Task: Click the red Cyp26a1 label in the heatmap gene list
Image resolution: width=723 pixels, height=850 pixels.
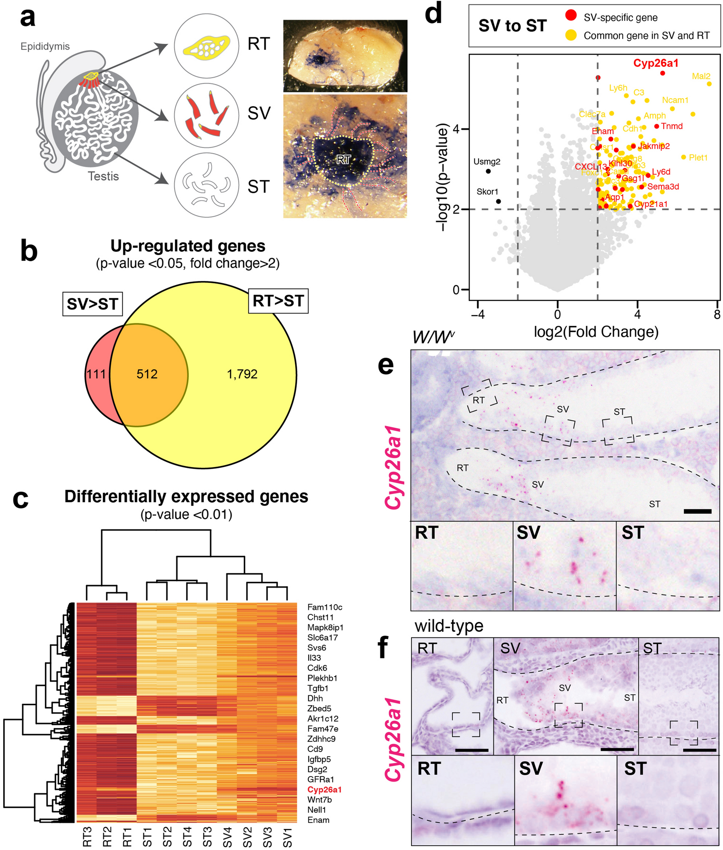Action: click(x=324, y=790)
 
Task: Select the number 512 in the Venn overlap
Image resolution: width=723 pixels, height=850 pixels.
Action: click(x=147, y=374)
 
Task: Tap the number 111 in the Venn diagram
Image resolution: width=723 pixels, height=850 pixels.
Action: click(x=96, y=374)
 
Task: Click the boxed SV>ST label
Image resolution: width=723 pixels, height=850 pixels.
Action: click(x=93, y=304)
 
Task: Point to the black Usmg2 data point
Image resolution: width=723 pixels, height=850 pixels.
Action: click(x=488, y=171)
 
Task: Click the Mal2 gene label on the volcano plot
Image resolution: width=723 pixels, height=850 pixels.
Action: click(x=701, y=76)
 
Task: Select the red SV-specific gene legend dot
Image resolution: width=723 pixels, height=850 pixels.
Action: click(x=571, y=16)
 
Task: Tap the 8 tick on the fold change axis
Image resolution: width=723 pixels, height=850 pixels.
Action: click(x=717, y=315)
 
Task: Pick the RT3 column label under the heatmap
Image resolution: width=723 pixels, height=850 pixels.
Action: click(x=87, y=837)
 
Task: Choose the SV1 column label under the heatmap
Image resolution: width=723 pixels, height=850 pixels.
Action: click(x=288, y=837)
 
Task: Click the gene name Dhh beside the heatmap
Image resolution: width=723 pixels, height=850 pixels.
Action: click(x=315, y=698)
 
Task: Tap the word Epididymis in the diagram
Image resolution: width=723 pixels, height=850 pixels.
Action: click(x=45, y=46)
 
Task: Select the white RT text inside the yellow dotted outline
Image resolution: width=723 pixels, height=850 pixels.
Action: click(x=343, y=160)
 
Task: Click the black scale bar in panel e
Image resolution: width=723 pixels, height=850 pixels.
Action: click(x=697, y=511)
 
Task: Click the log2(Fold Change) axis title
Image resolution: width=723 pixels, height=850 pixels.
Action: click(x=596, y=332)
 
